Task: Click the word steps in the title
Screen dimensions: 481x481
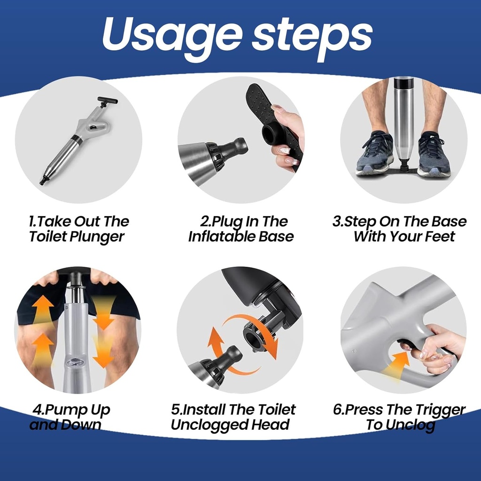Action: [x=312, y=37]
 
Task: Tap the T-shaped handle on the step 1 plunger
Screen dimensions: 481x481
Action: [x=107, y=101]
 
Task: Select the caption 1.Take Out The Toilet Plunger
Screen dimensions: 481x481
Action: [x=78, y=229]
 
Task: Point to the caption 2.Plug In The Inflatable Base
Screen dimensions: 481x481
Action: [x=241, y=229]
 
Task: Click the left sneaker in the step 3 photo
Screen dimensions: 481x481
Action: [x=375, y=153]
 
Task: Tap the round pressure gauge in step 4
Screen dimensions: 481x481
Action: [x=74, y=363]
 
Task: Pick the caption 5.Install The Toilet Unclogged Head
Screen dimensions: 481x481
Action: [x=233, y=417]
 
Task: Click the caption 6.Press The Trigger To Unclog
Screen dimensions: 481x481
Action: [x=399, y=417]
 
